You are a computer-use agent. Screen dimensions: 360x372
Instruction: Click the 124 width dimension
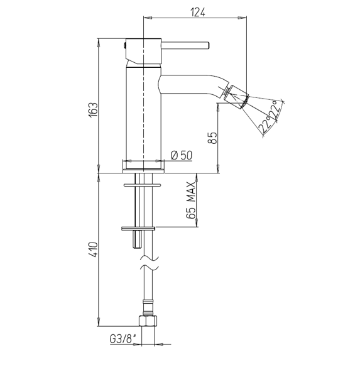pyautogui.click(x=198, y=12)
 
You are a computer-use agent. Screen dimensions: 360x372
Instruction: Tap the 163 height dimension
pyautogui.click(x=93, y=109)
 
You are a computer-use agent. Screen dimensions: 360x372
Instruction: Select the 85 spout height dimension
pyautogui.click(x=212, y=138)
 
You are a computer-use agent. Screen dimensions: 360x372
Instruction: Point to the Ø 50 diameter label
pyautogui.click(x=182, y=155)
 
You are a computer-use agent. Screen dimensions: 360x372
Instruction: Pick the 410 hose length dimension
pyautogui.click(x=93, y=249)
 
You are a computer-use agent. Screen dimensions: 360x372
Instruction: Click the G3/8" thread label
pyautogui.click(x=124, y=339)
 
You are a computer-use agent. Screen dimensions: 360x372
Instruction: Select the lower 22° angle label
pyautogui.click(x=265, y=125)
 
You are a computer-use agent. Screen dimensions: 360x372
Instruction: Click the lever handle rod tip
pyautogui.click(x=208, y=46)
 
